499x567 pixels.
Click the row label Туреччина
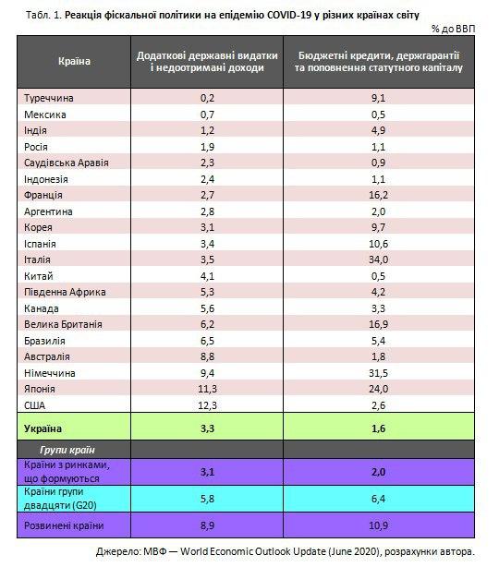49,98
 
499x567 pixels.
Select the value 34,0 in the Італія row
379,259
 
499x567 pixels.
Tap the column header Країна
74,61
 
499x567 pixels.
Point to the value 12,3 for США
207,405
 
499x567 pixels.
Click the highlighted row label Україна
43,428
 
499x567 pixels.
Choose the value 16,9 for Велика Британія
379,324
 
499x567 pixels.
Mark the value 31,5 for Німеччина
379,373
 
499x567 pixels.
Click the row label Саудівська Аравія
67,163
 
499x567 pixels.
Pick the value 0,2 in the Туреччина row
207,98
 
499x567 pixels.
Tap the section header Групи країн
67,450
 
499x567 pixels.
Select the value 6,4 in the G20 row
379,499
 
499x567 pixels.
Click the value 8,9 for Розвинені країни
207,525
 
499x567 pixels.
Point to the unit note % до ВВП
453,29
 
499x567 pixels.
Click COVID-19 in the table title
288,15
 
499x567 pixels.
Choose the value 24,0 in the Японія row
379,389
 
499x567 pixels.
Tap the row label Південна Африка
65,292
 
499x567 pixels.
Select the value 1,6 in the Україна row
379,428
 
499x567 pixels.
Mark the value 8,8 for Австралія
207,356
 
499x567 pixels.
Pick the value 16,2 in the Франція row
379,195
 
